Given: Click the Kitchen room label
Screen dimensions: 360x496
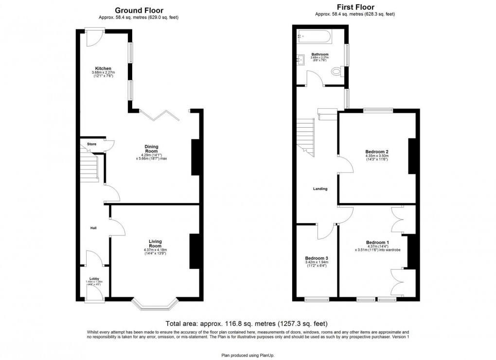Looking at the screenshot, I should pyautogui.click(x=103, y=69).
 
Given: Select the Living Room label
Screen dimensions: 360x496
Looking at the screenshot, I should pyautogui.click(x=156, y=244).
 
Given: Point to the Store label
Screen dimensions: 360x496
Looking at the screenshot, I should pyautogui.click(x=92, y=144).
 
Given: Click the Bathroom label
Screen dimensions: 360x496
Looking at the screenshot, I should pyautogui.click(x=320, y=54).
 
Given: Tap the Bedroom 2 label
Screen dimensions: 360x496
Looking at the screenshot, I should pyautogui.click(x=377, y=152).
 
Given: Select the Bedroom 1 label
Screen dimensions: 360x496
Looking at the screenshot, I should pyautogui.click(x=377, y=242).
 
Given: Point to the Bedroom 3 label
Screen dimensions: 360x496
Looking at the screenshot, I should pyautogui.click(x=317, y=258).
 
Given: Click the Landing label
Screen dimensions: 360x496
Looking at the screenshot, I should pyautogui.click(x=320, y=189).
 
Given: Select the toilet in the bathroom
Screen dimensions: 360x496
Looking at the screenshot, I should pyautogui.click(x=336, y=72).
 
